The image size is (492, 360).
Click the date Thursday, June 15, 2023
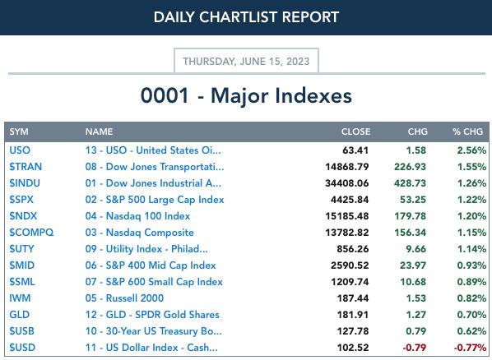click(x=246, y=61)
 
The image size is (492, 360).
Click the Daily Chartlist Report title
click(x=246, y=17)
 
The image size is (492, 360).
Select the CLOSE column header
click(x=355, y=132)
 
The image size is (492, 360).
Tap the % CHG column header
click(x=467, y=132)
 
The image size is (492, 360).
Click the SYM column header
click(x=19, y=132)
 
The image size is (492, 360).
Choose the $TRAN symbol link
click(x=26, y=167)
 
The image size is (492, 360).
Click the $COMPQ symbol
click(x=31, y=233)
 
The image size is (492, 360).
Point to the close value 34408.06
click(x=346, y=182)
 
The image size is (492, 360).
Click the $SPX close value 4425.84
click(x=350, y=200)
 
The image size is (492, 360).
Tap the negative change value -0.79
click(x=414, y=348)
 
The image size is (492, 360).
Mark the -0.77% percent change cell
click(x=470, y=348)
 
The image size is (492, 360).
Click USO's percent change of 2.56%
click(x=471, y=150)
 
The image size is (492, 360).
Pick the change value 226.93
click(x=410, y=167)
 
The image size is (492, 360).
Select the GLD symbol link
click(x=20, y=315)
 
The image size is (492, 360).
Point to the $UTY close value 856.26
click(x=353, y=249)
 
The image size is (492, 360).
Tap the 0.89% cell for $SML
click(x=471, y=282)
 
